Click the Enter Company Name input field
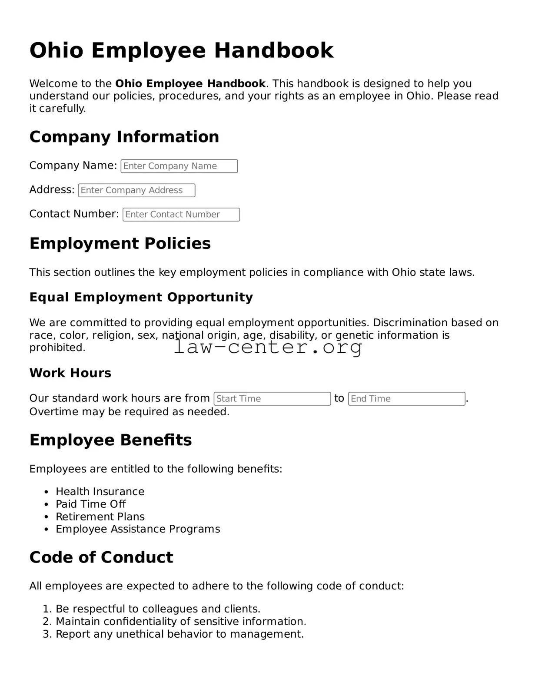point(179,166)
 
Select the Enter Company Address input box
point(136,190)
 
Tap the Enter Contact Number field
point(181,215)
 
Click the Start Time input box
point(272,399)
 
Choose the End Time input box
point(406,399)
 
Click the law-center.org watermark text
point(268,347)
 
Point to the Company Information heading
point(124,137)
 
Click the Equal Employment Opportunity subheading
point(141,297)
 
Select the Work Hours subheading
point(70,373)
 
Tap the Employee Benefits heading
point(110,440)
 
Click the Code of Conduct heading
point(101,557)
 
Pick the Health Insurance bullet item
point(100,491)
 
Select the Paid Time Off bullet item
point(90,504)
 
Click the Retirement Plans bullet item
point(100,517)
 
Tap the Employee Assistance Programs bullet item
point(138,529)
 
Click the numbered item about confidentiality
point(181,622)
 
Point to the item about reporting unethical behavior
point(179,634)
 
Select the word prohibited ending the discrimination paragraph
point(57,348)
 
